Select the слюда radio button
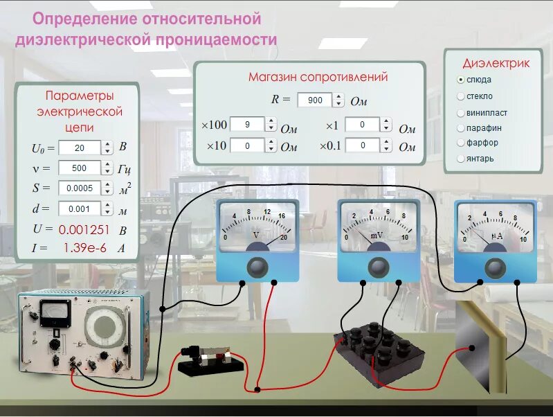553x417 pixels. coord(461,80)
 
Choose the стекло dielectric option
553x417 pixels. coord(461,96)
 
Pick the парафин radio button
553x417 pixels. coord(461,128)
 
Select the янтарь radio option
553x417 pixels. coord(461,159)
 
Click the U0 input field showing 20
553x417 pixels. coord(79,148)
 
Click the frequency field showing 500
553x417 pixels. coord(79,168)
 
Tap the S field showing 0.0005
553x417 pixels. coord(79,188)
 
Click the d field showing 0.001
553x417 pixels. coord(79,208)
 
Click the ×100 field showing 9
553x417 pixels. coord(247,125)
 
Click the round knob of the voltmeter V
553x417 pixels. coord(257,267)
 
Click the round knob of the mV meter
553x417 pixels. coord(377,267)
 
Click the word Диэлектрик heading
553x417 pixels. coord(496,63)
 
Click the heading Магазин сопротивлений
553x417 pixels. coord(308,77)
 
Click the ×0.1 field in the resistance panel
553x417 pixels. coord(362,145)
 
